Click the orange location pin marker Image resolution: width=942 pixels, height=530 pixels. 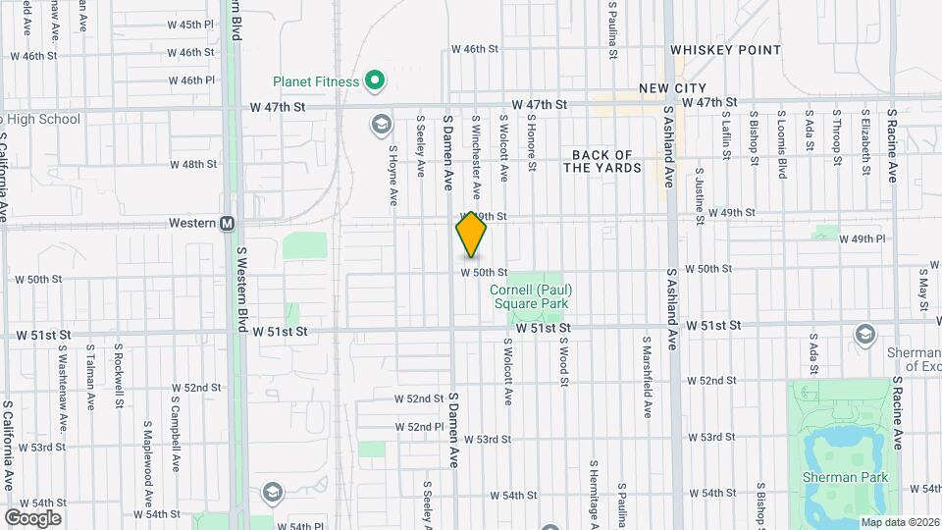point(471,236)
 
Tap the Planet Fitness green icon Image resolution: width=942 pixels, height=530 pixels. point(373,81)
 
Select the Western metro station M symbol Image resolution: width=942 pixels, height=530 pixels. point(228,224)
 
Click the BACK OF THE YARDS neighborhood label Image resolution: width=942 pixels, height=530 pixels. point(606,162)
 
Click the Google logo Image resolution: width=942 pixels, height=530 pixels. point(32,518)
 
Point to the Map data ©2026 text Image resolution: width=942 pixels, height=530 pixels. point(899,522)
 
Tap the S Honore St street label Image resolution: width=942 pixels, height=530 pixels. point(530,143)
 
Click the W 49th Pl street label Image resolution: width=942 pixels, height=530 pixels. point(868,238)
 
